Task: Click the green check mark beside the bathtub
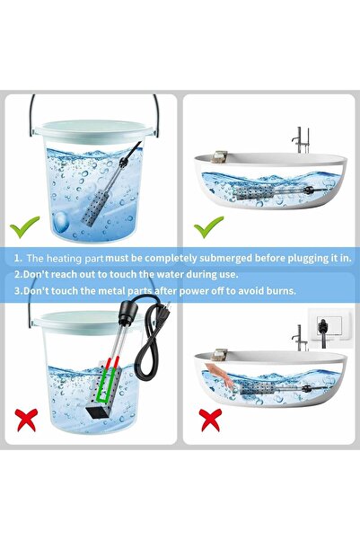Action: (208, 227)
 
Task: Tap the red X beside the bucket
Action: (27, 420)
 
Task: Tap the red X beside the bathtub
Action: (211, 420)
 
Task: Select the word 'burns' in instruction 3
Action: (282, 291)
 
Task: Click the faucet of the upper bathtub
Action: (300, 140)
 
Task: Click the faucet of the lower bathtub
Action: (300, 338)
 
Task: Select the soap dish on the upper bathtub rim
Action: (218, 156)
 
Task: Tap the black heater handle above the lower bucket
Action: (126, 313)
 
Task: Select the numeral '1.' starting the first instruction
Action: (18, 258)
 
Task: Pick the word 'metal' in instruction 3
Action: (112, 291)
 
